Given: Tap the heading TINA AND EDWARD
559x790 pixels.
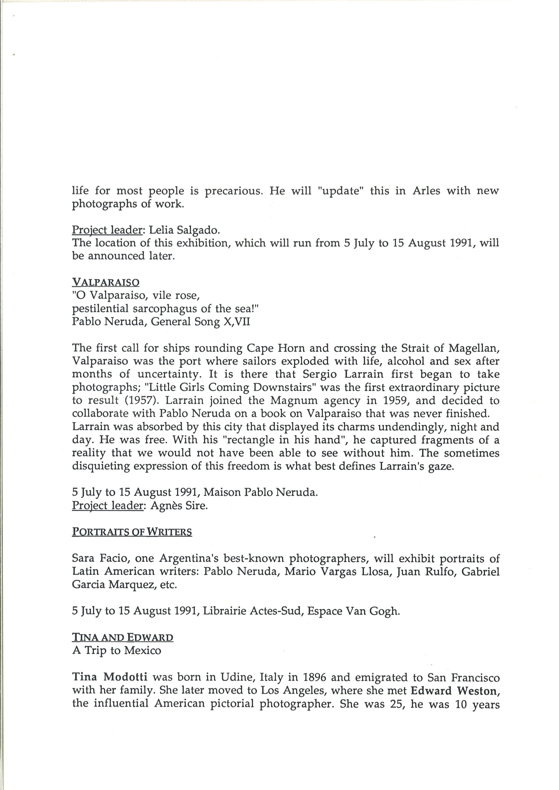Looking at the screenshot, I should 123,637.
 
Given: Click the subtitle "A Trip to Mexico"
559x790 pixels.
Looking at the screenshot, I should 117,650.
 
